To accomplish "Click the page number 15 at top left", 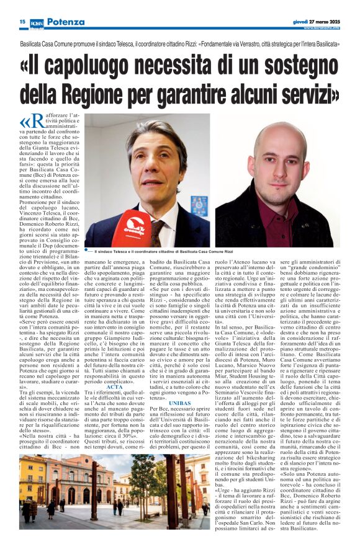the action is click(22, 22).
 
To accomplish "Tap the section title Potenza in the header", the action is click(65, 22).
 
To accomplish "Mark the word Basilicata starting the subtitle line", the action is click(34, 46).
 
